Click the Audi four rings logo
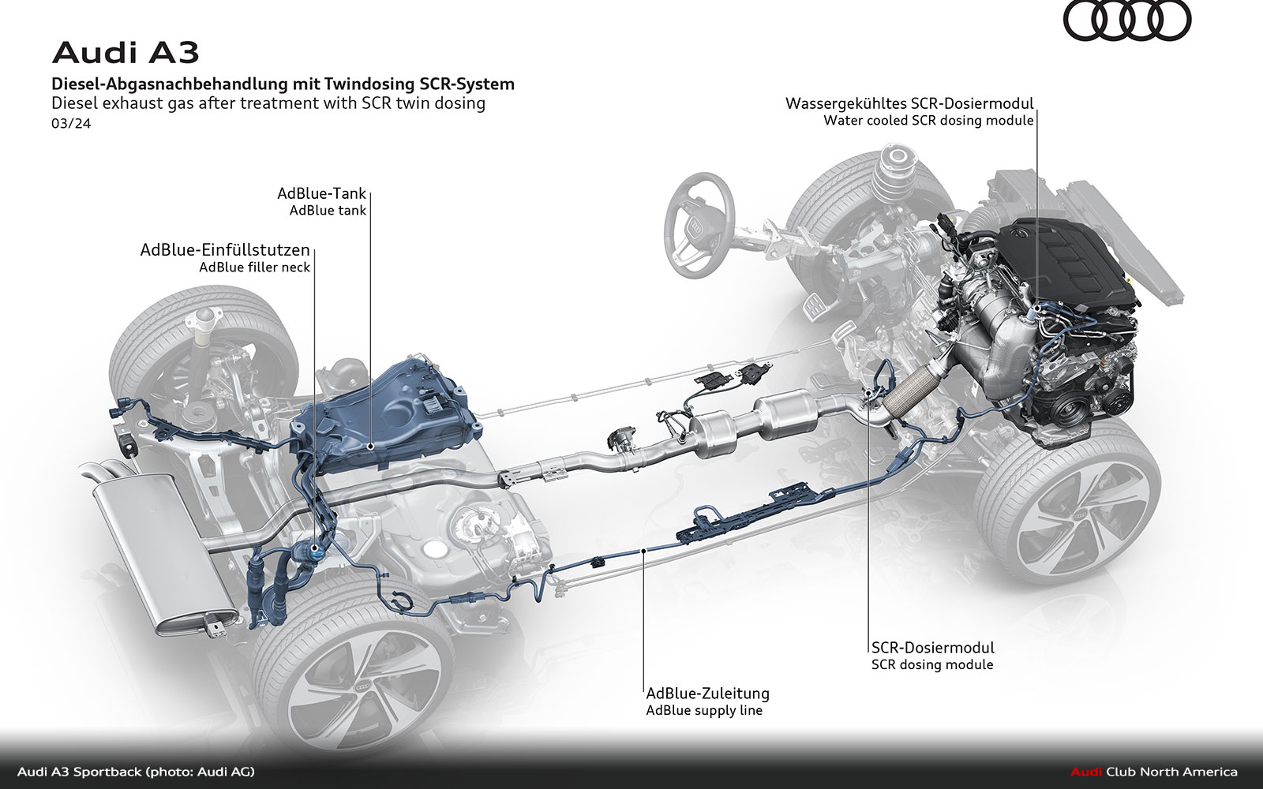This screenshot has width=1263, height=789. (x=1126, y=21)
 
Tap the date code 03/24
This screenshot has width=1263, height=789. (x=71, y=123)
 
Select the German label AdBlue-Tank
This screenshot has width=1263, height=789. (x=321, y=193)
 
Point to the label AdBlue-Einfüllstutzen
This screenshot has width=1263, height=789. (x=225, y=249)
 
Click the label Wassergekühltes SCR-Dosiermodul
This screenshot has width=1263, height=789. (x=909, y=103)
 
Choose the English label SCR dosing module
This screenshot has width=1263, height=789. (x=932, y=664)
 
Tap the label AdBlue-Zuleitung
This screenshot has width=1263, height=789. (x=707, y=694)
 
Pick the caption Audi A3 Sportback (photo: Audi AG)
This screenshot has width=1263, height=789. (x=136, y=772)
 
